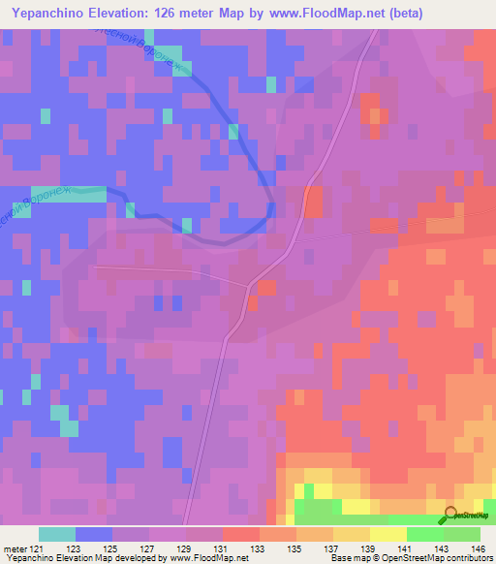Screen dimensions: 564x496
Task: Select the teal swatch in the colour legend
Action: tap(57, 535)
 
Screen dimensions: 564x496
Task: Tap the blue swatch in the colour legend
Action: tap(94, 535)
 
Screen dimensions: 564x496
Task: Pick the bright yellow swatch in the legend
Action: tap(388, 535)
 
